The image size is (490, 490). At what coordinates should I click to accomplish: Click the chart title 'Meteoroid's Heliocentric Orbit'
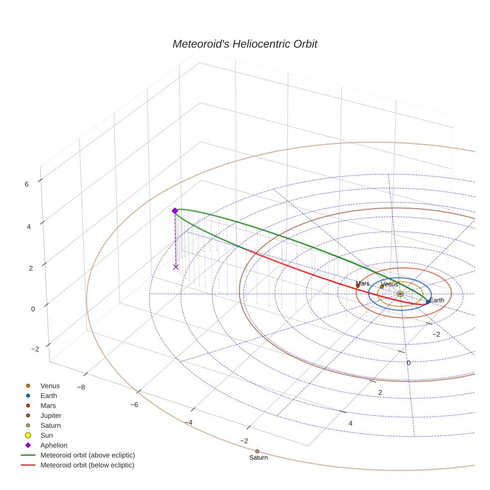[x=245, y=44]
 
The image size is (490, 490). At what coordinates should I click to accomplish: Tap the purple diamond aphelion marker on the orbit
[x=175, y=211]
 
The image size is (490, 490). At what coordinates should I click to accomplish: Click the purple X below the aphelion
[x=176, y=267]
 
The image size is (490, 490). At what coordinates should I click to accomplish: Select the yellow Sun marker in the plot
[x=400, y=294]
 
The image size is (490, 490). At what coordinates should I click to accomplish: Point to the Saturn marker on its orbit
[x=257, y=451]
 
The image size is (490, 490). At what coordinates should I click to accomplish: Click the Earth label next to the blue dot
[x=437, y=300]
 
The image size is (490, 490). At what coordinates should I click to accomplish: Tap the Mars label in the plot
[x=363, y=283]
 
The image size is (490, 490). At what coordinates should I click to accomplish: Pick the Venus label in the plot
[x=389, y=284]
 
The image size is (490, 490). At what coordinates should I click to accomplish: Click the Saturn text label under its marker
[x=258, y=458]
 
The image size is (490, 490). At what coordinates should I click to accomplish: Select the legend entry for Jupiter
[x=51, y=415]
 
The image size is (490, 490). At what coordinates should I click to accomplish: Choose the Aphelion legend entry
[x=54, y=445]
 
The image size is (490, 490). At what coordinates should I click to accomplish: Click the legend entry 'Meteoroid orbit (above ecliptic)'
[x=88, y=455]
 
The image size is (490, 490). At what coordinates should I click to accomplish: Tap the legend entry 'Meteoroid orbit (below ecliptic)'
[x=87, y=465]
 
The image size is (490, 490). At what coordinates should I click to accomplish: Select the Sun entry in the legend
[x=46, y=435]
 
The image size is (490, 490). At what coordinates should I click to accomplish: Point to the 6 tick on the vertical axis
[x=26, y=184]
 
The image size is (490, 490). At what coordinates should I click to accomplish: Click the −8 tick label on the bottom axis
[x=81, y=387]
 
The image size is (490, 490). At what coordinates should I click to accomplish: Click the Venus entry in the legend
[x=50, y=385]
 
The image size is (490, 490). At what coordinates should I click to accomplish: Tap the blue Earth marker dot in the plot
[x=428, y=302]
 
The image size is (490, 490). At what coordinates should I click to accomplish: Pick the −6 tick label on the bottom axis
[x=134, y=405]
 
